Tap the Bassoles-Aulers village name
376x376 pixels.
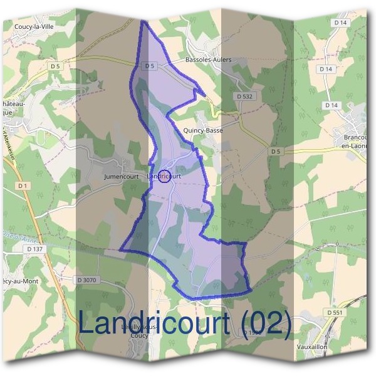point(209,60)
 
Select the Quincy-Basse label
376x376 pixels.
point(203,130)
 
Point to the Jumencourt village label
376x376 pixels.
point(121,177)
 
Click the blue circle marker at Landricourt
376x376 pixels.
point(164,177)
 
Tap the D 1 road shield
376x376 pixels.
point(23,186)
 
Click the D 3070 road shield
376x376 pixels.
point(86,280)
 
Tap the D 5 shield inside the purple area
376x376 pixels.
point(149,65)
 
